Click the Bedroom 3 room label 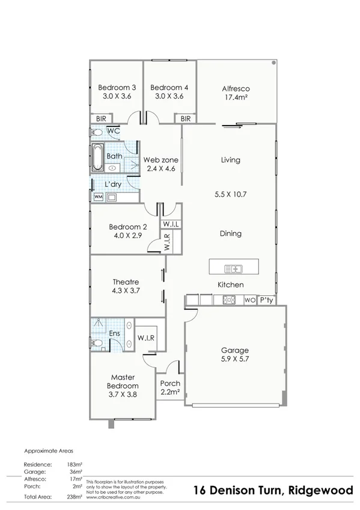pyautogui.click(x=117, y=87)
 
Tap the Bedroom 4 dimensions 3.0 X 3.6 pyautogui.click(x=169, y=96)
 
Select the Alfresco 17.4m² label pyautogui.click(x=236, y=93)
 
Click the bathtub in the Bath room pyautogui.click(x=97, y=156)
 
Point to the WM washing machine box pyautogui.click(x=98, y=197)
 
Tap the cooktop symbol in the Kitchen pyautogui.click(x=228, y=300)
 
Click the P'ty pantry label pyautogui.click(x=266, y=300)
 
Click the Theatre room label pyautogui.click(x=126, y=282)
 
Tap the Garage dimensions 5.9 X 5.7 pyautogui.click(x=234, y=359)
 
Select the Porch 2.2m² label pyautogui.click(x=170, y=388)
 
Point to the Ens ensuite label pyautogui.click(x=114, y=333)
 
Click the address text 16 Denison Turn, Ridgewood pyautogui.click(x=274, y=491)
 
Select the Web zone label pyautogui.click(x=160, y=160)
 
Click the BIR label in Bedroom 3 pyautogui.click(x=98, y=119)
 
